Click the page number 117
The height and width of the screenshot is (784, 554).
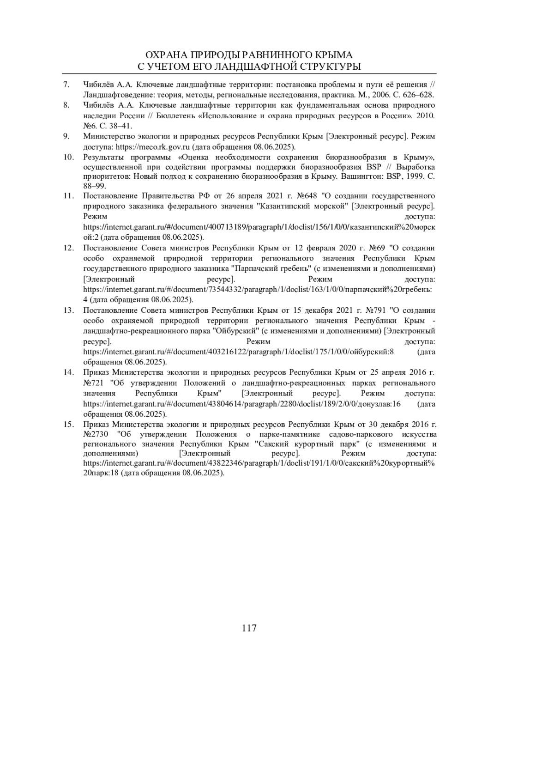point(249,628)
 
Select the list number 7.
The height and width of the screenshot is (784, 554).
point(66,85)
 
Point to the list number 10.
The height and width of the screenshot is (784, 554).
point(68,157)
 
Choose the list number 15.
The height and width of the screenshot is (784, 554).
point(68,424)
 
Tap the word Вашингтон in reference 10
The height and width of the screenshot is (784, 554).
point(357,177)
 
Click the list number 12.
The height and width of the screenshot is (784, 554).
point(68,248)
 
